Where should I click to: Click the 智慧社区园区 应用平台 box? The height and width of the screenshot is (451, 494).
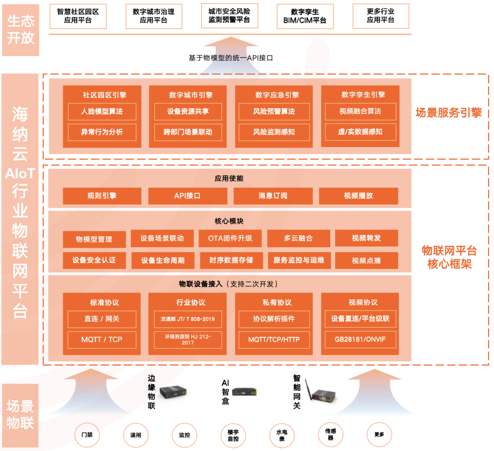coord(78,16)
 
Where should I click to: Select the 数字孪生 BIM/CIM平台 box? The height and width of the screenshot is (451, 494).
coord(305,16)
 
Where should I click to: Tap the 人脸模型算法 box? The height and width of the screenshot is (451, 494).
coord(102,111)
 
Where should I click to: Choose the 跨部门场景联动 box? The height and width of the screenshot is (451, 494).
coord(188,132)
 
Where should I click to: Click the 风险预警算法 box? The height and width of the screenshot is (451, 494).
coord(274,111)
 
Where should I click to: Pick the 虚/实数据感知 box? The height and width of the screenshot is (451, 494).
coord(360,132)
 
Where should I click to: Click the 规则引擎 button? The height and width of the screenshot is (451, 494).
coord(102,196)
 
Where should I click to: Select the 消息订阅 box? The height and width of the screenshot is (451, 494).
coord(273,196)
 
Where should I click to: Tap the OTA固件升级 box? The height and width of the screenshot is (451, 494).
coord(230,239)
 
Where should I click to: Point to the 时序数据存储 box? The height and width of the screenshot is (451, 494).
coord(231,260)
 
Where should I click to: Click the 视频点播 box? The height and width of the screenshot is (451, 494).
coord(366,261)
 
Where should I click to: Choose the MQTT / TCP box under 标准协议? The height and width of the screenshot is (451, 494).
coord(102,340)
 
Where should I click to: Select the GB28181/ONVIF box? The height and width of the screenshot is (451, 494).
coord(360,340)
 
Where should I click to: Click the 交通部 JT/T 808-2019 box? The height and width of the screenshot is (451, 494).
coord(188,319)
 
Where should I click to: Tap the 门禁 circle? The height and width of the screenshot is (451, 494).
coord(87,435)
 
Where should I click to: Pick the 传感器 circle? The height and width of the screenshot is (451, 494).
coord(330,435)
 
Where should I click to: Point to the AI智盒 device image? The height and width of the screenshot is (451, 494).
coord(245,392)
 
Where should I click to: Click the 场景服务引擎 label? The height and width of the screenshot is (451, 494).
coord(449,113)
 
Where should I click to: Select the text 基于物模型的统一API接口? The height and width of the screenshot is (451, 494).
coord(231,58)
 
